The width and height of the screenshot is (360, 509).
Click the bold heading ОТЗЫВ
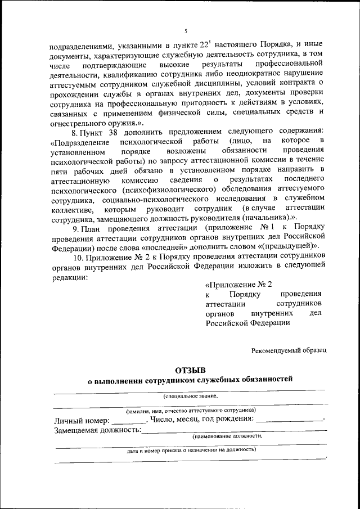tap(191, 370)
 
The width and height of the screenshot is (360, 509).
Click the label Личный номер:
tap(82, 420)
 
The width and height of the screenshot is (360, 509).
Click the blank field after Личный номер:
tap(129, 420)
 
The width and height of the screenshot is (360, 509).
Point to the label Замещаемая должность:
tap(97, 430)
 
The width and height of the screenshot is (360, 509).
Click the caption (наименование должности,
tap(227, 436)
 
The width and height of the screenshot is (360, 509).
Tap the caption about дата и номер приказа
tap(191, 450)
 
